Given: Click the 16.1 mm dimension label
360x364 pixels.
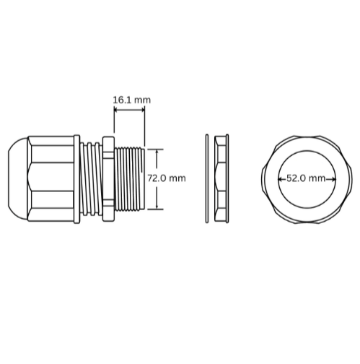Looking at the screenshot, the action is (132, 100).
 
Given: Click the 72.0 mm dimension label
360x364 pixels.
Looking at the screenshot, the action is (167, 178).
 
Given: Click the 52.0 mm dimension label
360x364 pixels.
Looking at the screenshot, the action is (306, 178).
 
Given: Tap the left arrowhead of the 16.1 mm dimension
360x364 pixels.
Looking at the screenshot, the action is (115, 110).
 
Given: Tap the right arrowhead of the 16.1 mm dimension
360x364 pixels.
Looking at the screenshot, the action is (143, 110).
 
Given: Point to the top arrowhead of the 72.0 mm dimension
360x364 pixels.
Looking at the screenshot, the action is (157, 152).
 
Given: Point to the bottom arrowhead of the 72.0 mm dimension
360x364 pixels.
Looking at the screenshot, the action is (157, 207).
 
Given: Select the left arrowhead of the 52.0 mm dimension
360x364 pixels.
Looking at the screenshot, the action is (280, 179).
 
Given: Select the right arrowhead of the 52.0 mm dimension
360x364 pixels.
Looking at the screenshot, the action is (333, 179).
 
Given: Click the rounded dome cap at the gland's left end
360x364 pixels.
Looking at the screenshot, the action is (18, 178).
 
